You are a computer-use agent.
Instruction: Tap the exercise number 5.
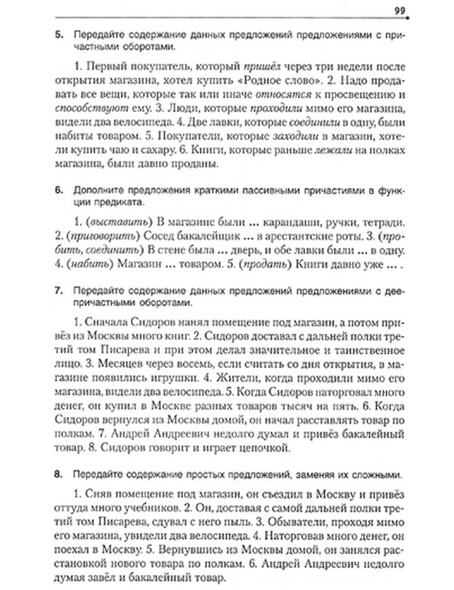click(58, 35)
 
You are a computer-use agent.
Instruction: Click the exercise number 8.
click(58, 475)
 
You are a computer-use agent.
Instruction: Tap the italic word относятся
click(283, 95)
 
